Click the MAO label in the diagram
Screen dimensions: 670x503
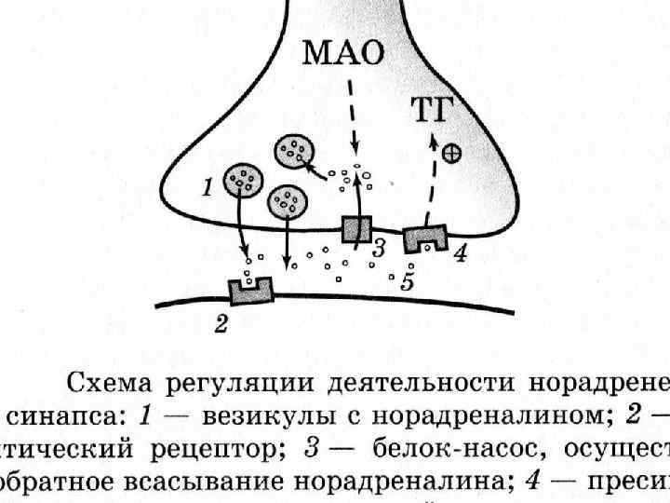(x=344, y=53)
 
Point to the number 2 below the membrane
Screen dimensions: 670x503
(x=221, y=325)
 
